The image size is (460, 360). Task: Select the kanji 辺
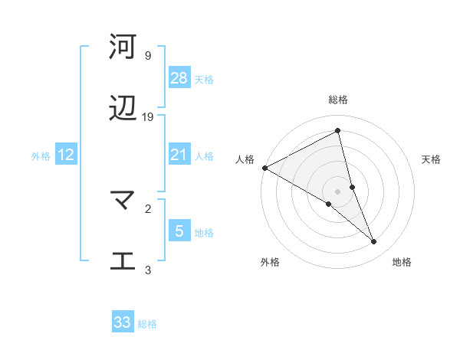[123, 110]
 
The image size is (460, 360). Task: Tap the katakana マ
[123, 201]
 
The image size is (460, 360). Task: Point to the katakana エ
[123, 261]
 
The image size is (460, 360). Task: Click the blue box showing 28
[179, 78]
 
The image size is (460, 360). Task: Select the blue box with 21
[179, 155]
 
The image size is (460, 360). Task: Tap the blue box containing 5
[179, 231]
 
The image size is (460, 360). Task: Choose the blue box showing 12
[66, 155]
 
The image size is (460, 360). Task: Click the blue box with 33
[123, 322]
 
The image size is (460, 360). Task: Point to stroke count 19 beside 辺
[148, 117]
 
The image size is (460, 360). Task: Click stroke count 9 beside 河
[147, 56]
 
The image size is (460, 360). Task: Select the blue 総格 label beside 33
[147, 324]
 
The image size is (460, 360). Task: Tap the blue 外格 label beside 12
[41, 156]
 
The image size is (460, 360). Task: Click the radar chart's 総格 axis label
[338, 100]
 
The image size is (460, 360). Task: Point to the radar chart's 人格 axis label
[245, 159]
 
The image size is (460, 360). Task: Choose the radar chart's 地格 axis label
[402, 262]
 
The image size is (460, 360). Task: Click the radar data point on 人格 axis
[264, 168]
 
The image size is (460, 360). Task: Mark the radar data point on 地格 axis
[374, 242]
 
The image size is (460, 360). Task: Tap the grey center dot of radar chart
[338, 191]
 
